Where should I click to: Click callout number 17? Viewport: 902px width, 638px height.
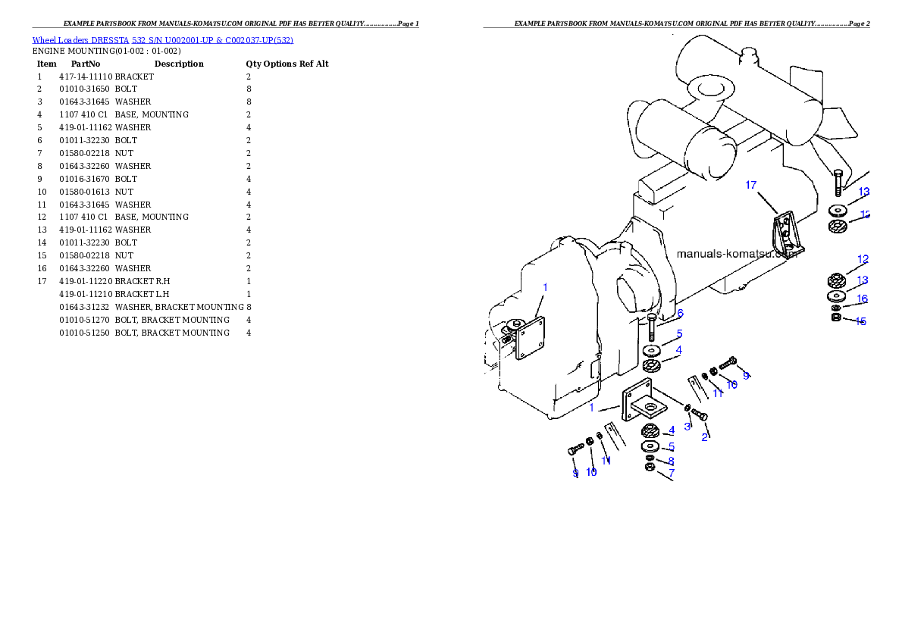[x=751, y=185]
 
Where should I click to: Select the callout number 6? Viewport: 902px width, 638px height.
[x=680, y=313]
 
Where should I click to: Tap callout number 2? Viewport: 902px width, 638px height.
[x=704, y=437]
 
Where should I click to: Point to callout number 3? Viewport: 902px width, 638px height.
[x=687, y=427]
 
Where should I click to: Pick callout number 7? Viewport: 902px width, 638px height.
[x=672, y=473]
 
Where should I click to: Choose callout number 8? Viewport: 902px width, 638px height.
[x=671, y=461]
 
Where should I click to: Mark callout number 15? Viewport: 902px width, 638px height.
[x=860, y=321]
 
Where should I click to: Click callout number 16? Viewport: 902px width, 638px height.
[x=862, y=299]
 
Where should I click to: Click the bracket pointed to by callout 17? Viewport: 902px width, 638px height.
[x=785, y=236]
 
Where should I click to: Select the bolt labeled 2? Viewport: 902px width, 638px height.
[x=700, y=414]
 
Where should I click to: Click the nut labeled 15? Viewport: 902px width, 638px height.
[x=835, y=317]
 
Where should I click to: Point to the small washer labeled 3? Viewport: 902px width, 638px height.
[x=687, y=409]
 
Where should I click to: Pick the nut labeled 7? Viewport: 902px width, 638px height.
[x=650, y=468]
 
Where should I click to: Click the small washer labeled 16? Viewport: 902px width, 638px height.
[x=835, y=308]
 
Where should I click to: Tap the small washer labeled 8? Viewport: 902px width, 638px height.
[x=650, y=458]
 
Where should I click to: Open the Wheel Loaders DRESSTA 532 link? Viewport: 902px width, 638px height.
[x=162, y=40]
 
